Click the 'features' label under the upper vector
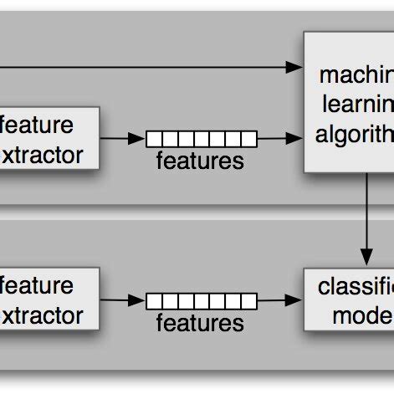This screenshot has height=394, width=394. [200, 160]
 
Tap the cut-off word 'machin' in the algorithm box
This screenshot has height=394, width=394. [356, 76]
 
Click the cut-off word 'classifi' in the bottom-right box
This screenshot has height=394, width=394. [356, 287]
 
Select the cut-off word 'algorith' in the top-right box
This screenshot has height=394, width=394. [356, 135]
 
